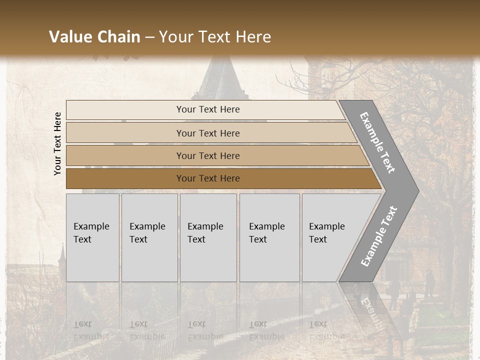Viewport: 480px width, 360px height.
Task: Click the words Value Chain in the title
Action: point(94,37)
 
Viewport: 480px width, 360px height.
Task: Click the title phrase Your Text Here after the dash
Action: point(215,37)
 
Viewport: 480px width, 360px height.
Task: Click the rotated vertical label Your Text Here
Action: point(57,143)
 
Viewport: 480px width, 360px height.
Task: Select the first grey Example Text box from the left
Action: point(92,237)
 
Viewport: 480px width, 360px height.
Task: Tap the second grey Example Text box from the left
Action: point(149,237)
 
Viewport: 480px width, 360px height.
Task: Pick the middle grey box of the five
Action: point(208,237)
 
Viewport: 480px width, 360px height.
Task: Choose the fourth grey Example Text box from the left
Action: point(269,237)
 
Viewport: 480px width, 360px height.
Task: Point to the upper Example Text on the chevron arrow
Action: point(377,142)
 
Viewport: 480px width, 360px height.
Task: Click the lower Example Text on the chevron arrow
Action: point(379,236)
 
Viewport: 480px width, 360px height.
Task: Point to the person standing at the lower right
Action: point(429,283)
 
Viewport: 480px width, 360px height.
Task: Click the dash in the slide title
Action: point(149,37)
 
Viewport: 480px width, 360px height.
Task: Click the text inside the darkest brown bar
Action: point(208,178)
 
